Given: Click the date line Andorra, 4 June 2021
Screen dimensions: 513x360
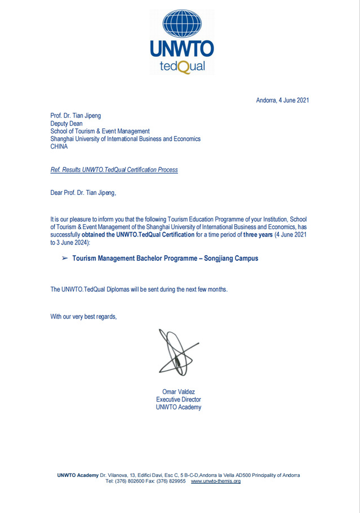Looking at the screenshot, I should tap(282, 101).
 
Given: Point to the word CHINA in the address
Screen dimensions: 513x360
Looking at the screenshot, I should tap(59, 146).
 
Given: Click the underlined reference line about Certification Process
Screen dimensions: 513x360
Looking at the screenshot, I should tap(114, 169).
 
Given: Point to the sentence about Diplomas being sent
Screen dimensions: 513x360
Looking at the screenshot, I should tap(139, 289).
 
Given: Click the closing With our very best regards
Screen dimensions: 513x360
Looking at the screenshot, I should tap(83, 316).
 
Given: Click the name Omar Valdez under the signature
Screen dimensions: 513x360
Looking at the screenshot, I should tap(179, 392).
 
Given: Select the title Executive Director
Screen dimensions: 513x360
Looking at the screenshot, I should tap(179, 400).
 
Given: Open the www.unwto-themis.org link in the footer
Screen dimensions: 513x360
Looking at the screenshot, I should tap(216, 481).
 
